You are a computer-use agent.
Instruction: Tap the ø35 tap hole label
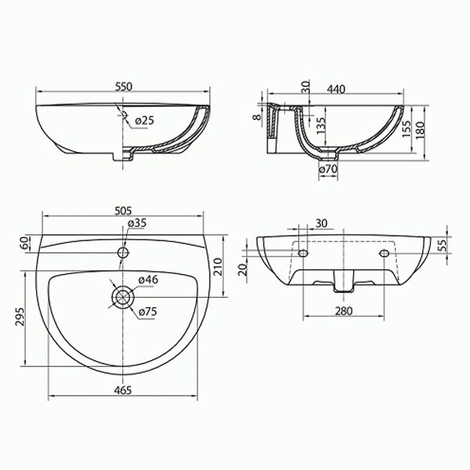tap(138, 223)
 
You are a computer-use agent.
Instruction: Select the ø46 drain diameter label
tap(148, 280)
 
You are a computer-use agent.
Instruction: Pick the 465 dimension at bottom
tap(123, 389)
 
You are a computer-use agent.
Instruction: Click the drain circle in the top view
tap(123, 296)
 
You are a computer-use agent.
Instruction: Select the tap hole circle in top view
tap(123, 252)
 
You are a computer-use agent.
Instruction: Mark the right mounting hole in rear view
tap(384, 253)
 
